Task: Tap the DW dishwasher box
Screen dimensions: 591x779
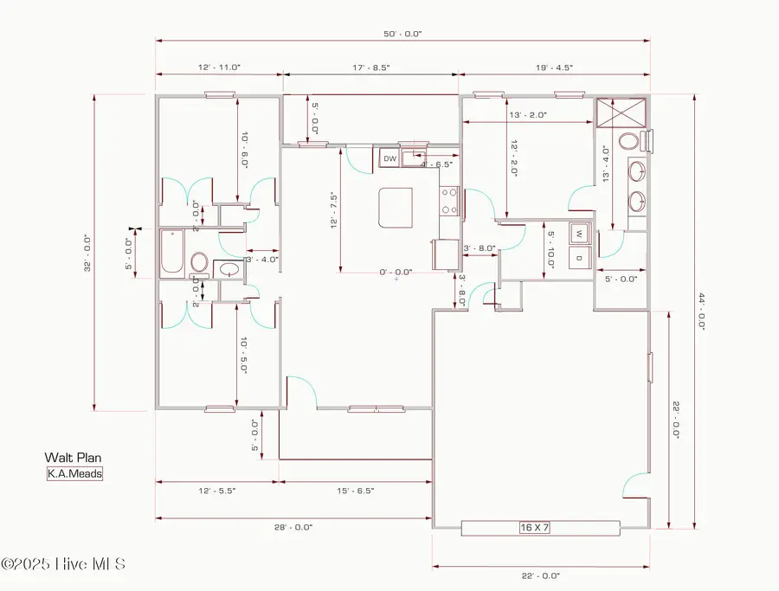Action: tap(389, 158)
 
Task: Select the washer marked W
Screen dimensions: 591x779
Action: tap(578, 234)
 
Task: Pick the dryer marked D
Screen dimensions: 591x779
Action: tap(578, 256)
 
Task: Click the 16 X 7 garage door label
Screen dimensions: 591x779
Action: tap(540, 526)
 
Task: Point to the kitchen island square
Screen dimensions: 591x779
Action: tap(395, 208)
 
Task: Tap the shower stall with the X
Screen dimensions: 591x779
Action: tap(621, 112)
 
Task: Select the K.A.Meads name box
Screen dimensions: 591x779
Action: tap(74, 473)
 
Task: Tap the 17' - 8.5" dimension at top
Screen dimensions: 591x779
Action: tap(370, 67)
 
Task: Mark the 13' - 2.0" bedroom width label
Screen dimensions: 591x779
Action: tap(527, 114)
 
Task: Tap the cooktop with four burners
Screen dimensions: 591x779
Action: tap(449, 202)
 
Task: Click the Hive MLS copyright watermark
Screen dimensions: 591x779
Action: tap(63, 564)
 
